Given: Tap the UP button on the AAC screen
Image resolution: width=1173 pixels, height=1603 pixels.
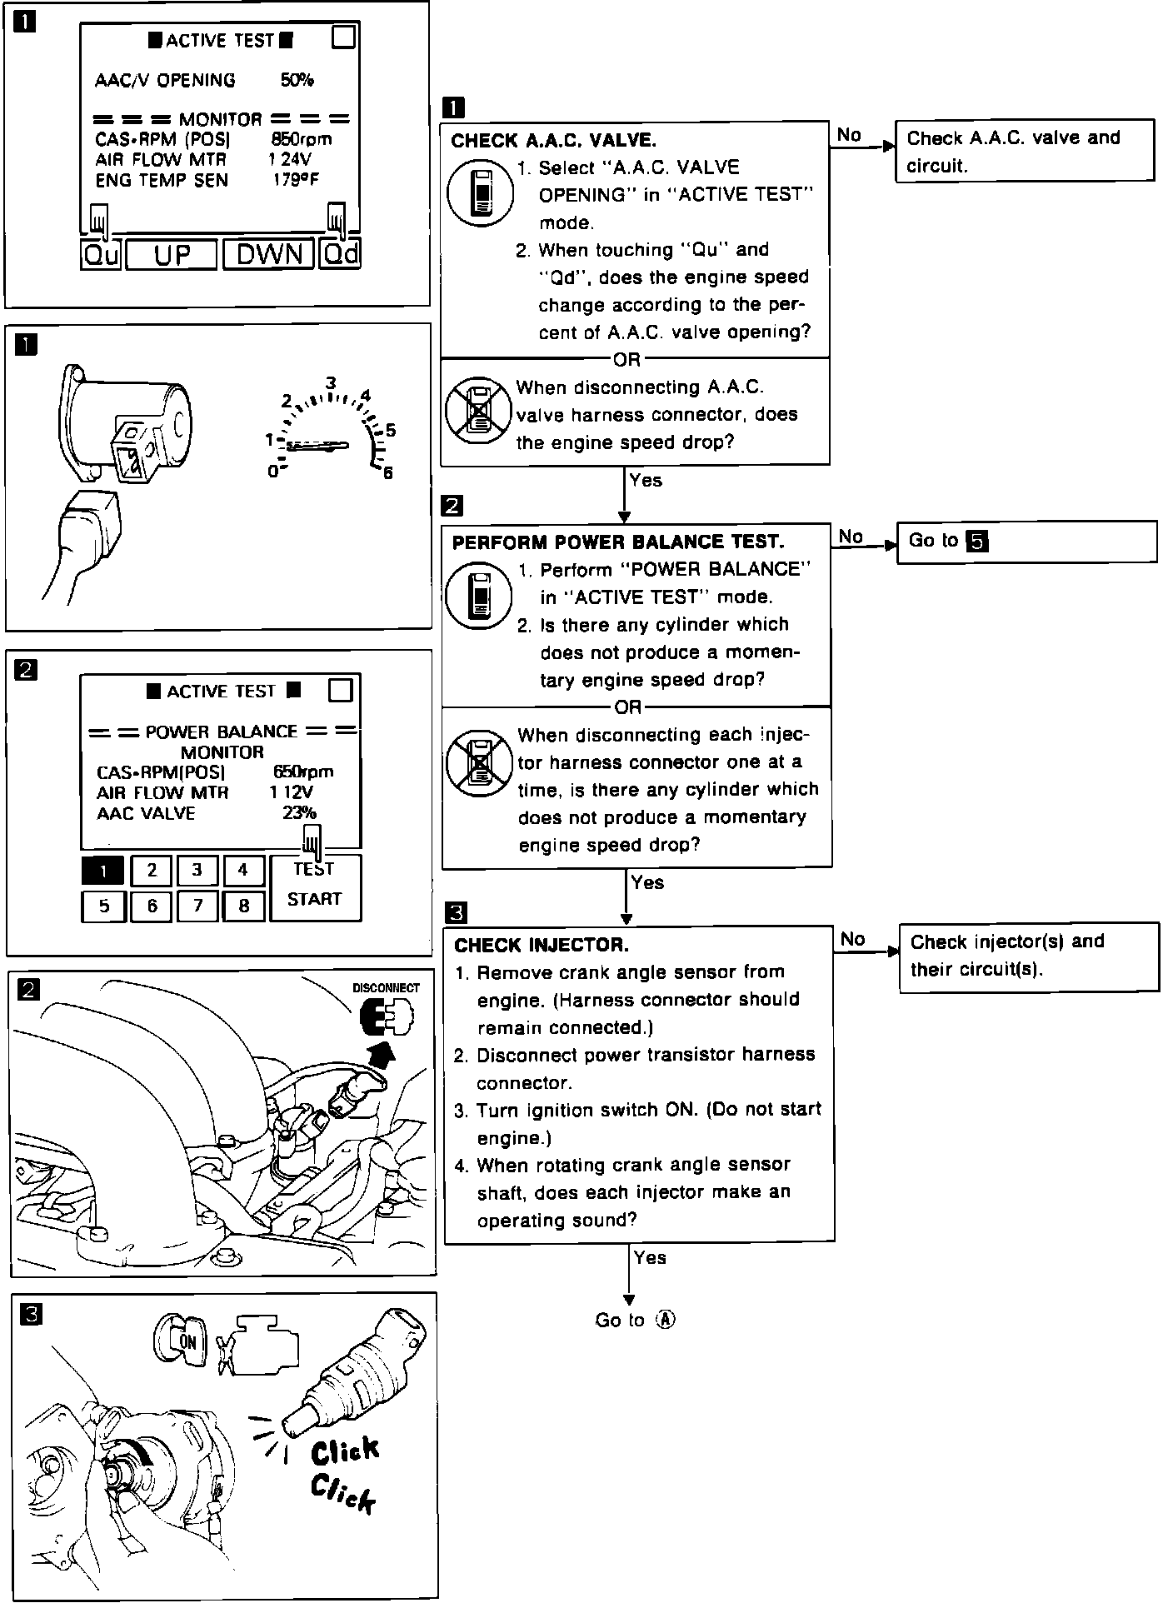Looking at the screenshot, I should click(172, 254).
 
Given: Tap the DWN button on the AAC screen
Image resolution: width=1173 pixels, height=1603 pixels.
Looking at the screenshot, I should click(268, 254).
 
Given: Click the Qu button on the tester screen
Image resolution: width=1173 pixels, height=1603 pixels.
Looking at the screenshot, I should click(102, 254).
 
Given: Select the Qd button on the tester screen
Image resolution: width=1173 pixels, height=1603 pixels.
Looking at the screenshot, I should click(341, 254).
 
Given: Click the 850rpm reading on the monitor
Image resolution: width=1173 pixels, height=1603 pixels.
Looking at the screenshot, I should click(301, 139).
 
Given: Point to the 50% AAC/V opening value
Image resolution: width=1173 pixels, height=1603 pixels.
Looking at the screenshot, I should click(297, 80).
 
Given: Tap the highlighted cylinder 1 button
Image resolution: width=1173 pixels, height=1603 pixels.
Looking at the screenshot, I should click(102, 871).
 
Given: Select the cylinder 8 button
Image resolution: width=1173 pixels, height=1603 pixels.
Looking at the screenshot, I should click(243, 906).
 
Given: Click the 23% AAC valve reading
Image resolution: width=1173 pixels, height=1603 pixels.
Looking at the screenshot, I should click(299, 813).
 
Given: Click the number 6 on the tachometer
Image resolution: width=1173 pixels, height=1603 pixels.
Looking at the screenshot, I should click(387, 473).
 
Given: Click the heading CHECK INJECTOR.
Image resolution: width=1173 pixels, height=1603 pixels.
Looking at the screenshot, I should click(542, 945).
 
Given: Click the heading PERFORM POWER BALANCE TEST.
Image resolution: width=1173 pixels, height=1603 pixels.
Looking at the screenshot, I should click(618, 542).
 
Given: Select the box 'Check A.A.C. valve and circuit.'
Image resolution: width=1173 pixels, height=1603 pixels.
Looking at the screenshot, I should click(1024, 151).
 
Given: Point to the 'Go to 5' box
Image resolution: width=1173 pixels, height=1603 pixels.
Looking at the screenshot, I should click(1026, 542).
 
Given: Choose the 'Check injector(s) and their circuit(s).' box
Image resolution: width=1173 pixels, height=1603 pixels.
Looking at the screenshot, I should click(1028, 956).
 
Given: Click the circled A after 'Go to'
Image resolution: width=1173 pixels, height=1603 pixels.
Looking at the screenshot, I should click(665, 1320).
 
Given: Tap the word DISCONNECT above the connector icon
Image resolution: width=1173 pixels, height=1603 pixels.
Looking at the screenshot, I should click(386, 988).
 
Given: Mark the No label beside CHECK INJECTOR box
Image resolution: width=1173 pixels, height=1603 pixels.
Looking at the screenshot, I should click(852, 940).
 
